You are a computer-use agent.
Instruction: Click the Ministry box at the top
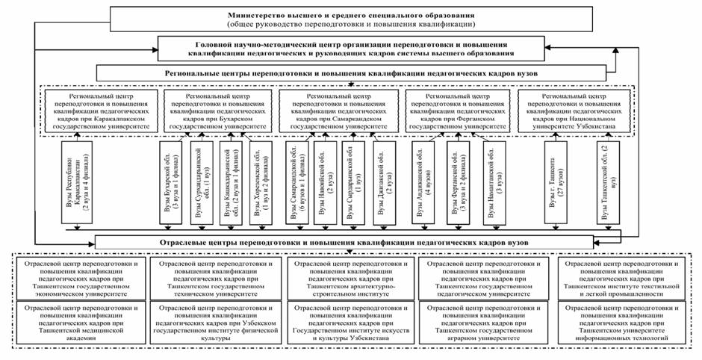pos(350,19)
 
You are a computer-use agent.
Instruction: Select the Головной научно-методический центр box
pos(350,49)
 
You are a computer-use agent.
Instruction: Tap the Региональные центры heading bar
pos(350,74)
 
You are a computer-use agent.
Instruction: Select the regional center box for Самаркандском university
pos(340,112)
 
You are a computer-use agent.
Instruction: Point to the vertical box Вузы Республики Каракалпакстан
pos(77,183)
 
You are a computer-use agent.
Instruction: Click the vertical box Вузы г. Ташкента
pos(557,183)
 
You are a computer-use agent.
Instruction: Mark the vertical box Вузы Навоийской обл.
pos(323,183)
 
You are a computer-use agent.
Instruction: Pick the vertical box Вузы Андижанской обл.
pos(418,183)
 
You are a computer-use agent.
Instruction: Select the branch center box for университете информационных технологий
pos(623,322)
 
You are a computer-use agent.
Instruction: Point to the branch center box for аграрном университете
pos(486,322)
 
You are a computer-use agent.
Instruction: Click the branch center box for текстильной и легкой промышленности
pos(623,279)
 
